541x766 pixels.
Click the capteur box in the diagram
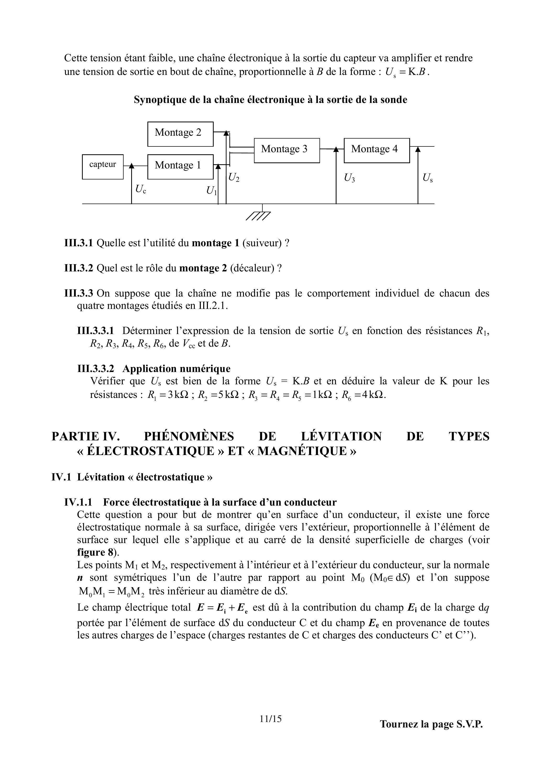pyautogui.click(x=103, y=167)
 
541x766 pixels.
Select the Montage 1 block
pyautogui.click(x=180, y=167)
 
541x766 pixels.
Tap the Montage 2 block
pyautogui.click(x=180, y=134)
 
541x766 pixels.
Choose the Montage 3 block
pyautogui.click(x=286, y=150)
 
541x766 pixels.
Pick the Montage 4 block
pyautogui.click(x=377, y=150)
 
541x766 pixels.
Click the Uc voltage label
pyautogui.click(x=140, y=189)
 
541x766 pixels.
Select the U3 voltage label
pyautogui.click(x=349, y=178)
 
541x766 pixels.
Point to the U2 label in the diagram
pyautogui.click(x=234, y=178)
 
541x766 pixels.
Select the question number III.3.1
pyautogui.click(x=78, y=243)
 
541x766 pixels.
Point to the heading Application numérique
pyautogui.click(x=176, y=369)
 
